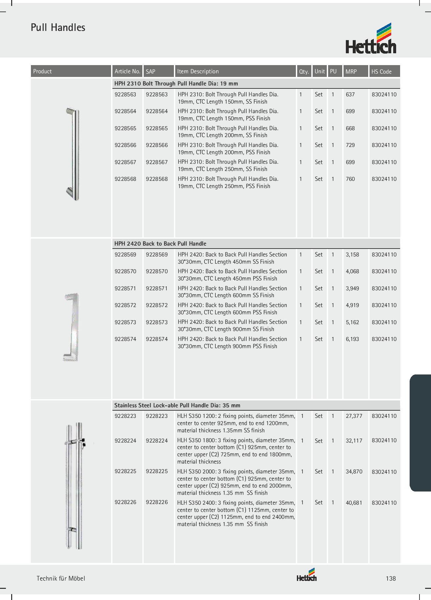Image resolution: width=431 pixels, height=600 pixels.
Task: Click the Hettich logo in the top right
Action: (371, 39)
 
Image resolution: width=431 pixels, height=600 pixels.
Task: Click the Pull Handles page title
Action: (58, 28)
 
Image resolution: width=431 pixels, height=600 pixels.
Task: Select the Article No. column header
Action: (127, 71)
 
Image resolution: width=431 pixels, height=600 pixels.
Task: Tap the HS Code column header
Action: (381, 71)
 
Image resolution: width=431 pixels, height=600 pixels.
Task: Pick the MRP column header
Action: (351, 71)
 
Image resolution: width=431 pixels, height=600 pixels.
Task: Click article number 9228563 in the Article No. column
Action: (125, 95)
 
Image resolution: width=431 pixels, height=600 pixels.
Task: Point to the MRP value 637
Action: (350, 95)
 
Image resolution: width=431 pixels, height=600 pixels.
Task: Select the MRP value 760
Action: (350, 179)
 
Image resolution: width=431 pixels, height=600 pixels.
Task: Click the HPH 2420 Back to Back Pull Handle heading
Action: (160, 244)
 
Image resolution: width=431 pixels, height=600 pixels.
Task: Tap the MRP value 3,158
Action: (352, 255)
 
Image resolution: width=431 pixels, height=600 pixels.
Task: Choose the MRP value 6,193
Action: (352, 339)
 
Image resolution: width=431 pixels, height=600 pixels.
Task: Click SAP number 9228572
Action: (157, 305)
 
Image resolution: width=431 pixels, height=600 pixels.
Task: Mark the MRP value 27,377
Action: (354, 416)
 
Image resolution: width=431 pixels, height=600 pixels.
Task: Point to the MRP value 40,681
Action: (354, 503)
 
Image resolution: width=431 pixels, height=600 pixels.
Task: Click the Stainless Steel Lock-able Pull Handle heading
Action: (177, 405)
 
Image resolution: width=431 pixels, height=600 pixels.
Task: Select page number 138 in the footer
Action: (391, 579)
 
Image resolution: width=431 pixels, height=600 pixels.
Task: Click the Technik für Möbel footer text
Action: (61, 579)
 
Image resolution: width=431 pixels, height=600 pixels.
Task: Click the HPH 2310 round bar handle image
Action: (73, 154)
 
